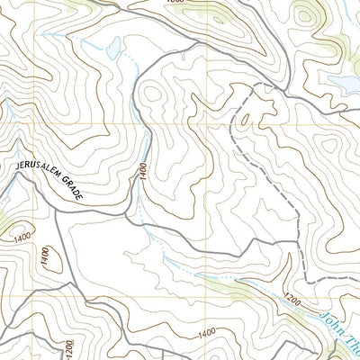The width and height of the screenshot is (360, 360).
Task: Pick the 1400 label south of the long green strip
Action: pos(206,334)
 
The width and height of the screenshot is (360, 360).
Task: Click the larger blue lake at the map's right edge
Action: pos(346,84)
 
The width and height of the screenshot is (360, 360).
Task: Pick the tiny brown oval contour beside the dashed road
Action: pos(245,118)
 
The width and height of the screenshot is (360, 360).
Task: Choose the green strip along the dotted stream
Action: pos(225,286)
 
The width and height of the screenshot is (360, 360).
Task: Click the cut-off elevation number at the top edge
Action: pos(174,4)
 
